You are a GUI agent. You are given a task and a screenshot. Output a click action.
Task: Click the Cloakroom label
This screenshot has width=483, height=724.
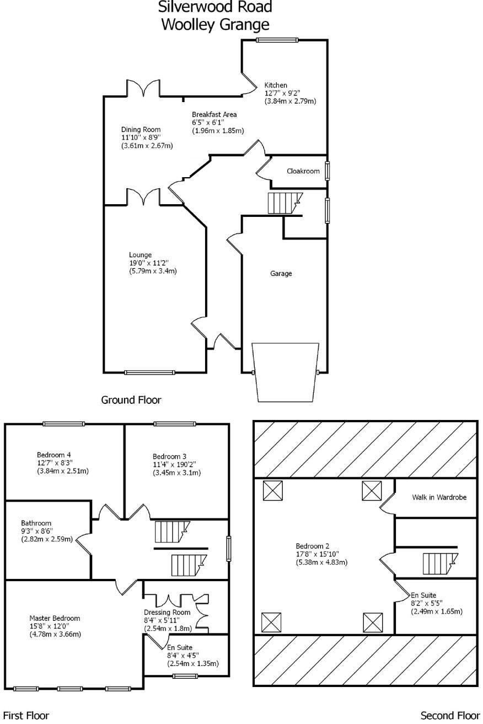click(303, 171)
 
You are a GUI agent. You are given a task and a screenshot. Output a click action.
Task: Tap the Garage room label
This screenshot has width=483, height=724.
click(281, 273)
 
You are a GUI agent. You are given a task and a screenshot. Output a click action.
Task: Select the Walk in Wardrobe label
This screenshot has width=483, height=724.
click(439, 497)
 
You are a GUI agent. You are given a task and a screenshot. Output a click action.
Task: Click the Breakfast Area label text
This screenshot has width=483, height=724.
click(214, 114)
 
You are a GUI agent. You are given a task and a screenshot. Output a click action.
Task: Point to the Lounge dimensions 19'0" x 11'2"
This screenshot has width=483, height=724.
click(153, 263)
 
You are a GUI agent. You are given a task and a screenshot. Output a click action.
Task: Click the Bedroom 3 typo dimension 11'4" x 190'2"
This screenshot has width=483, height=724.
click(176, 465)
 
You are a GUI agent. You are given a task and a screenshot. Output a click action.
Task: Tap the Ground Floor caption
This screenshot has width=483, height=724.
click(131, 400)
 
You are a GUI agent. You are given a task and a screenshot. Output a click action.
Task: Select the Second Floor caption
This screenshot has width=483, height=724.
click(450, 716)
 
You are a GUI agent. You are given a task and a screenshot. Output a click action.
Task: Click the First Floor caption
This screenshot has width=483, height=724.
click(26, 716)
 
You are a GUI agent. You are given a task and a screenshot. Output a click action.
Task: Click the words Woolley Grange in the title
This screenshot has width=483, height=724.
click(215, 24)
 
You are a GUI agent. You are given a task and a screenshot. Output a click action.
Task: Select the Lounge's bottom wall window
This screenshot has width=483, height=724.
click(149, 372)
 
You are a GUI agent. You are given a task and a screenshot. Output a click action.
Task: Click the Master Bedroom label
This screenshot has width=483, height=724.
click(55, 618)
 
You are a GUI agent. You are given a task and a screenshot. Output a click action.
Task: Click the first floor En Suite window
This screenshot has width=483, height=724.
click(185, 676)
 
